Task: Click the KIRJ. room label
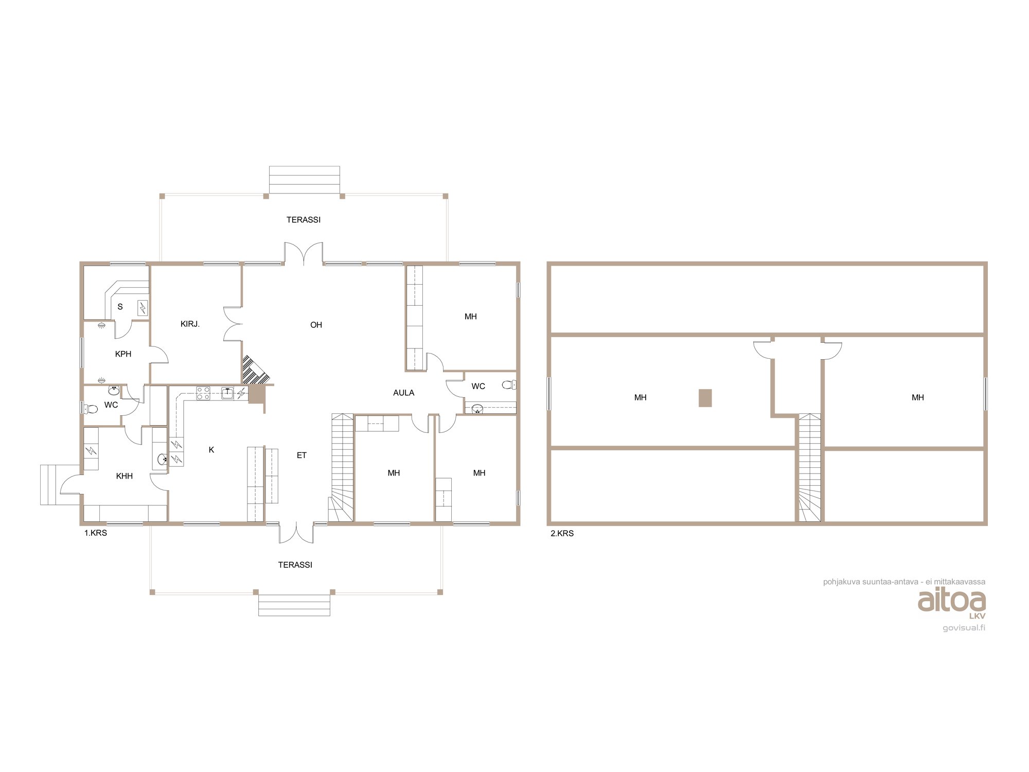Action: pyautogui.click(x=190, y=324)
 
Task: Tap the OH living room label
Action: pyautogui.click(x=316, y=325)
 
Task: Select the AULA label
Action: pyautogui.click(x=403, y=393)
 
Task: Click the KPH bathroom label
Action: pyautogui.click(x=123, y=354)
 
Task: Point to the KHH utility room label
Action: pyautogui.click(x=124, y=476)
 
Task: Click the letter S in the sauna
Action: pyautogui.click(x=120, y=307)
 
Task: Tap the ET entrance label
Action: pyautogui.click(x=301, y=455)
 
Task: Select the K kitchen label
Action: pyautogui.click(x=211, y=450)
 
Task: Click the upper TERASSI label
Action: pyautogui.click(x=304, y=220)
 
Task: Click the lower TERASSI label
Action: pyautogui.click(x=295, y=565)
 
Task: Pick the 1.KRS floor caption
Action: pyautogui.click(x=96, y=533)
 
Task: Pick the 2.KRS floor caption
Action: pyautogui.click(x=562, y=534)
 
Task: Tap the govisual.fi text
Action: pyautogui.click(x=964, y=628)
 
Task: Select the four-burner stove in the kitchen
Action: pyautogui.click(x=203, y=393)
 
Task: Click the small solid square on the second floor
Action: pyautogui.click(x=705, y=398)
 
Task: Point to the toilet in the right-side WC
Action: pyautogui.click(x=509, y=384)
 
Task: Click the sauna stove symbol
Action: pyautogui.click(x=143, y=308)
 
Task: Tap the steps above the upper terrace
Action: pyautogui.click(x=305, y=180)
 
